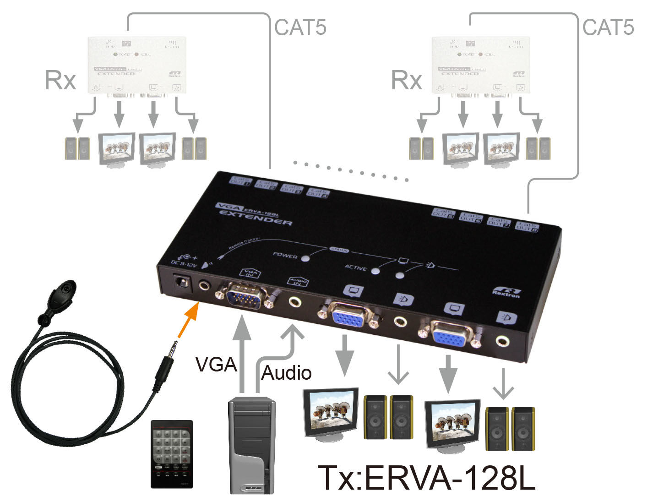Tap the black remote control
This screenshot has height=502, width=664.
pyautogui.click(x=172, y=453)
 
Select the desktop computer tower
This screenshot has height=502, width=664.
pyautogui.click(x=252, y=444)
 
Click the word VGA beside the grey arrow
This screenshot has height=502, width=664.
pyautogui.click(x=216, y=365)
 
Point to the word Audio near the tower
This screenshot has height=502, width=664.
pyautogui.click(x=286, y=373)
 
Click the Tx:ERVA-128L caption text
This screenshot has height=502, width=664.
pyautogui.click(x=426, y=478)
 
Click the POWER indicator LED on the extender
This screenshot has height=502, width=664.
pyautogui.click(x=305, y=258)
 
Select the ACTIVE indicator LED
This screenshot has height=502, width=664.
pyautogui.click(x=376, y=270)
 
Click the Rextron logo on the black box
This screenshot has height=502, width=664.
pyautogui.click(x=506, y=292)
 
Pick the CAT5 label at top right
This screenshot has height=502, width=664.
pyautogui.click(x=608, y=27)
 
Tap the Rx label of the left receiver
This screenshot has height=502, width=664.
pyautogui.click(x=60, y=81)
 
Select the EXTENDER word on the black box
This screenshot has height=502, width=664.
pyautogui.click(x=256, y=218)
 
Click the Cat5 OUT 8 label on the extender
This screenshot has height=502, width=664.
pyautogui.click(x=527, y=227)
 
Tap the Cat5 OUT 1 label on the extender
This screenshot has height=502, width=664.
pyautogui.click(x=240, y=180)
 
